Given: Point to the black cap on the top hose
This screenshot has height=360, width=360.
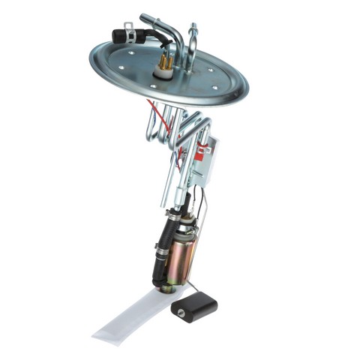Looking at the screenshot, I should pyautogui.click(x=118, y=35).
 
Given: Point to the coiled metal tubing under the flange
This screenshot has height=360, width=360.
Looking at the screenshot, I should pyautogui.click(x=180, y=127).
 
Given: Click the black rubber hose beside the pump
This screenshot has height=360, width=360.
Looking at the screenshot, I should pyautogui.click(x=159, y=251).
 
